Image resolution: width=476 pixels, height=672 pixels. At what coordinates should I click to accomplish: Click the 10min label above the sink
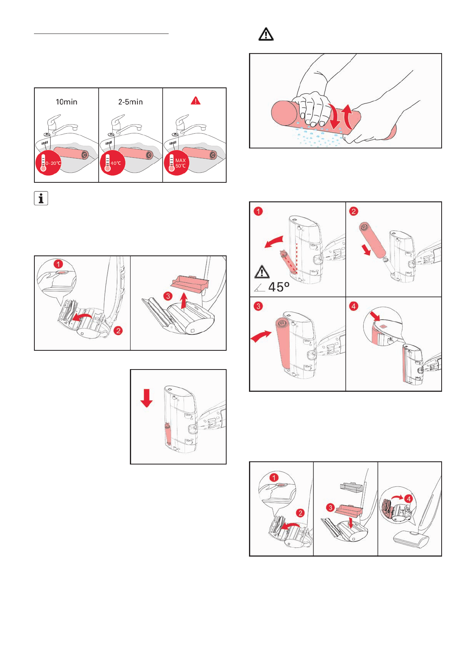(66, 102)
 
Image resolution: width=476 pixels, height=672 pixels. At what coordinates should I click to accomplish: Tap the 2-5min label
(130, 102)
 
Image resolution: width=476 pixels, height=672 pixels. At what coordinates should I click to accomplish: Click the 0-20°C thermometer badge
(48, 163)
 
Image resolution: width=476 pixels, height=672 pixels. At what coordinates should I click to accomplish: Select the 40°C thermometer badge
(112, 163)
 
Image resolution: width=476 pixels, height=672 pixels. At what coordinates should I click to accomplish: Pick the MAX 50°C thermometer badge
(176, 163)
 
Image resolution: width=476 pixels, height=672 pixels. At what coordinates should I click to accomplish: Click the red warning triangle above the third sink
(195, 101)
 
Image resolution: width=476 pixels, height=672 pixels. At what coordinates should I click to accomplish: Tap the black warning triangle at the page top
(266, 35)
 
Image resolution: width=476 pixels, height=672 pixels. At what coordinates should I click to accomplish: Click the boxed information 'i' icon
(41, 198)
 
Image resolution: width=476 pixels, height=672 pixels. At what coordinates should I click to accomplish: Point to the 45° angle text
(279, 287)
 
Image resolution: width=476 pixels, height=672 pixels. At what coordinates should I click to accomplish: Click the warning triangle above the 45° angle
(262, 272)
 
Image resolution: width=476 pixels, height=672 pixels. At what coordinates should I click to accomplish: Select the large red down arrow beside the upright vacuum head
(147, 398)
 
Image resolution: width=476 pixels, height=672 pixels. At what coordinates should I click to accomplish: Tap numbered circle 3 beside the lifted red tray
(168, 296)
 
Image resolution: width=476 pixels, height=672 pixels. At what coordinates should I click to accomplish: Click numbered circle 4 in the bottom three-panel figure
(408, 498)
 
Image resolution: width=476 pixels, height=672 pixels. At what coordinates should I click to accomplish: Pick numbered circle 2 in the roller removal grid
(353, 211)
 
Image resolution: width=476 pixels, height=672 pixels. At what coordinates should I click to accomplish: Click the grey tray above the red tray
(351, 487)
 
